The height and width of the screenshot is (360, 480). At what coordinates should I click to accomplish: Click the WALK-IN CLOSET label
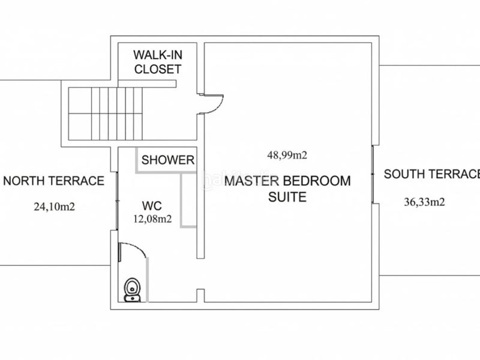click(158, 62)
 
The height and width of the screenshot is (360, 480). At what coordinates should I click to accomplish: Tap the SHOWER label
click(168, 160)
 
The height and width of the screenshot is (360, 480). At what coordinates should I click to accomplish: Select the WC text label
click(152, 206)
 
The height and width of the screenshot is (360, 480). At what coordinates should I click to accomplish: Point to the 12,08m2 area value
click(152, 219)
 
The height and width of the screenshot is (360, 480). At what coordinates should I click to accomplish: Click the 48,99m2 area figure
click(287, 155)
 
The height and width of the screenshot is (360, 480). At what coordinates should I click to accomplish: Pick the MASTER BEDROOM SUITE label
click(287, 188)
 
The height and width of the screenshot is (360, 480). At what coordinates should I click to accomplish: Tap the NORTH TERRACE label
click(53, 181)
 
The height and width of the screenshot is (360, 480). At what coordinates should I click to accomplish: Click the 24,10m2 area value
click(54, 207)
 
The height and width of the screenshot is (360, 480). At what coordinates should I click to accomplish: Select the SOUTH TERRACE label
click(432, 174)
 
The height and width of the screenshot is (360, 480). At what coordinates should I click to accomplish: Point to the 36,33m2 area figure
click(424, 202)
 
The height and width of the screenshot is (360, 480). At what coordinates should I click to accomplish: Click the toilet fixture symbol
click(132, 290)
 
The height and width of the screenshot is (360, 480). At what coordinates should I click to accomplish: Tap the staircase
click(106, 113)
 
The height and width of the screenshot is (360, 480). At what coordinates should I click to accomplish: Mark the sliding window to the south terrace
click(373, 174)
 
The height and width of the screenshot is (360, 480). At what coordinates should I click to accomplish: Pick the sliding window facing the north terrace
click(117, 200)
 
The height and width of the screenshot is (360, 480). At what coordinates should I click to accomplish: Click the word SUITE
click(287, 197)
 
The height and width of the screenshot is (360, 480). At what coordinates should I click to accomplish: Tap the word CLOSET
click(158, 69)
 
